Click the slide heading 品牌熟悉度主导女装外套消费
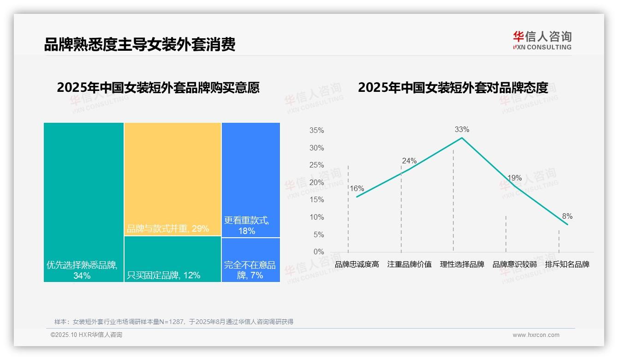(140, 44)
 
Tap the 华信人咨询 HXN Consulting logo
(542, 41)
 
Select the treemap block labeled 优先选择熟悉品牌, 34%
(83, 202)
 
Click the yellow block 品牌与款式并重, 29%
(172, 179)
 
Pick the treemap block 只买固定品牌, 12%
(172, 259)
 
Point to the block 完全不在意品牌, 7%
(250, 260)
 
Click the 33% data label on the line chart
(462, 130)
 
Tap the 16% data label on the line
(357, 189)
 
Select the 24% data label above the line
(409, 161)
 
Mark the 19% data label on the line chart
(514, 178)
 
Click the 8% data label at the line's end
(567, 216)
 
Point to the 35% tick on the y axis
(316, 131)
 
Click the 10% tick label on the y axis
(316, 217)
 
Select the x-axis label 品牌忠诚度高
(357, 264)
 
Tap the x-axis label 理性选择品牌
(462, 264)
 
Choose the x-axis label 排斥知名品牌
(567, 264)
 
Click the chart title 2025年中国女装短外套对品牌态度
(453, 88)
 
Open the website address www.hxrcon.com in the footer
(535, 335)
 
